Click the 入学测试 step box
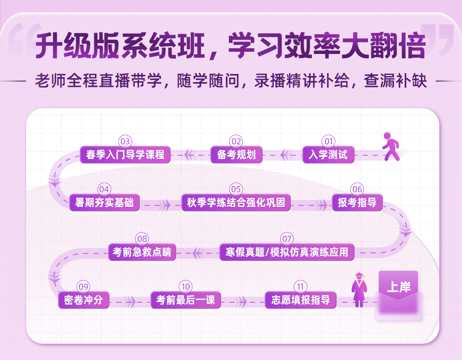point(328,155)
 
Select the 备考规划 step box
point(236,155)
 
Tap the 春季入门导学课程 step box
point(125,155)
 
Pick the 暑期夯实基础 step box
point(104,203)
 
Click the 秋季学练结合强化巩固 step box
point(236,203)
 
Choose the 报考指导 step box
point(357,203)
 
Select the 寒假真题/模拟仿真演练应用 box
point(287,252)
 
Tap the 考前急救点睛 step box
point(142,252)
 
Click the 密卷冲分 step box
point(83,300)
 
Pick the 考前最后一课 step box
point(186,300)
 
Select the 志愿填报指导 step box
point(301,300)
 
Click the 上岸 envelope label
point(399,287)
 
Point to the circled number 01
point(328,141)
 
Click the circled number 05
point(236,189)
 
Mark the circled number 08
point(142,239)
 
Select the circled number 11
point(301,286)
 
